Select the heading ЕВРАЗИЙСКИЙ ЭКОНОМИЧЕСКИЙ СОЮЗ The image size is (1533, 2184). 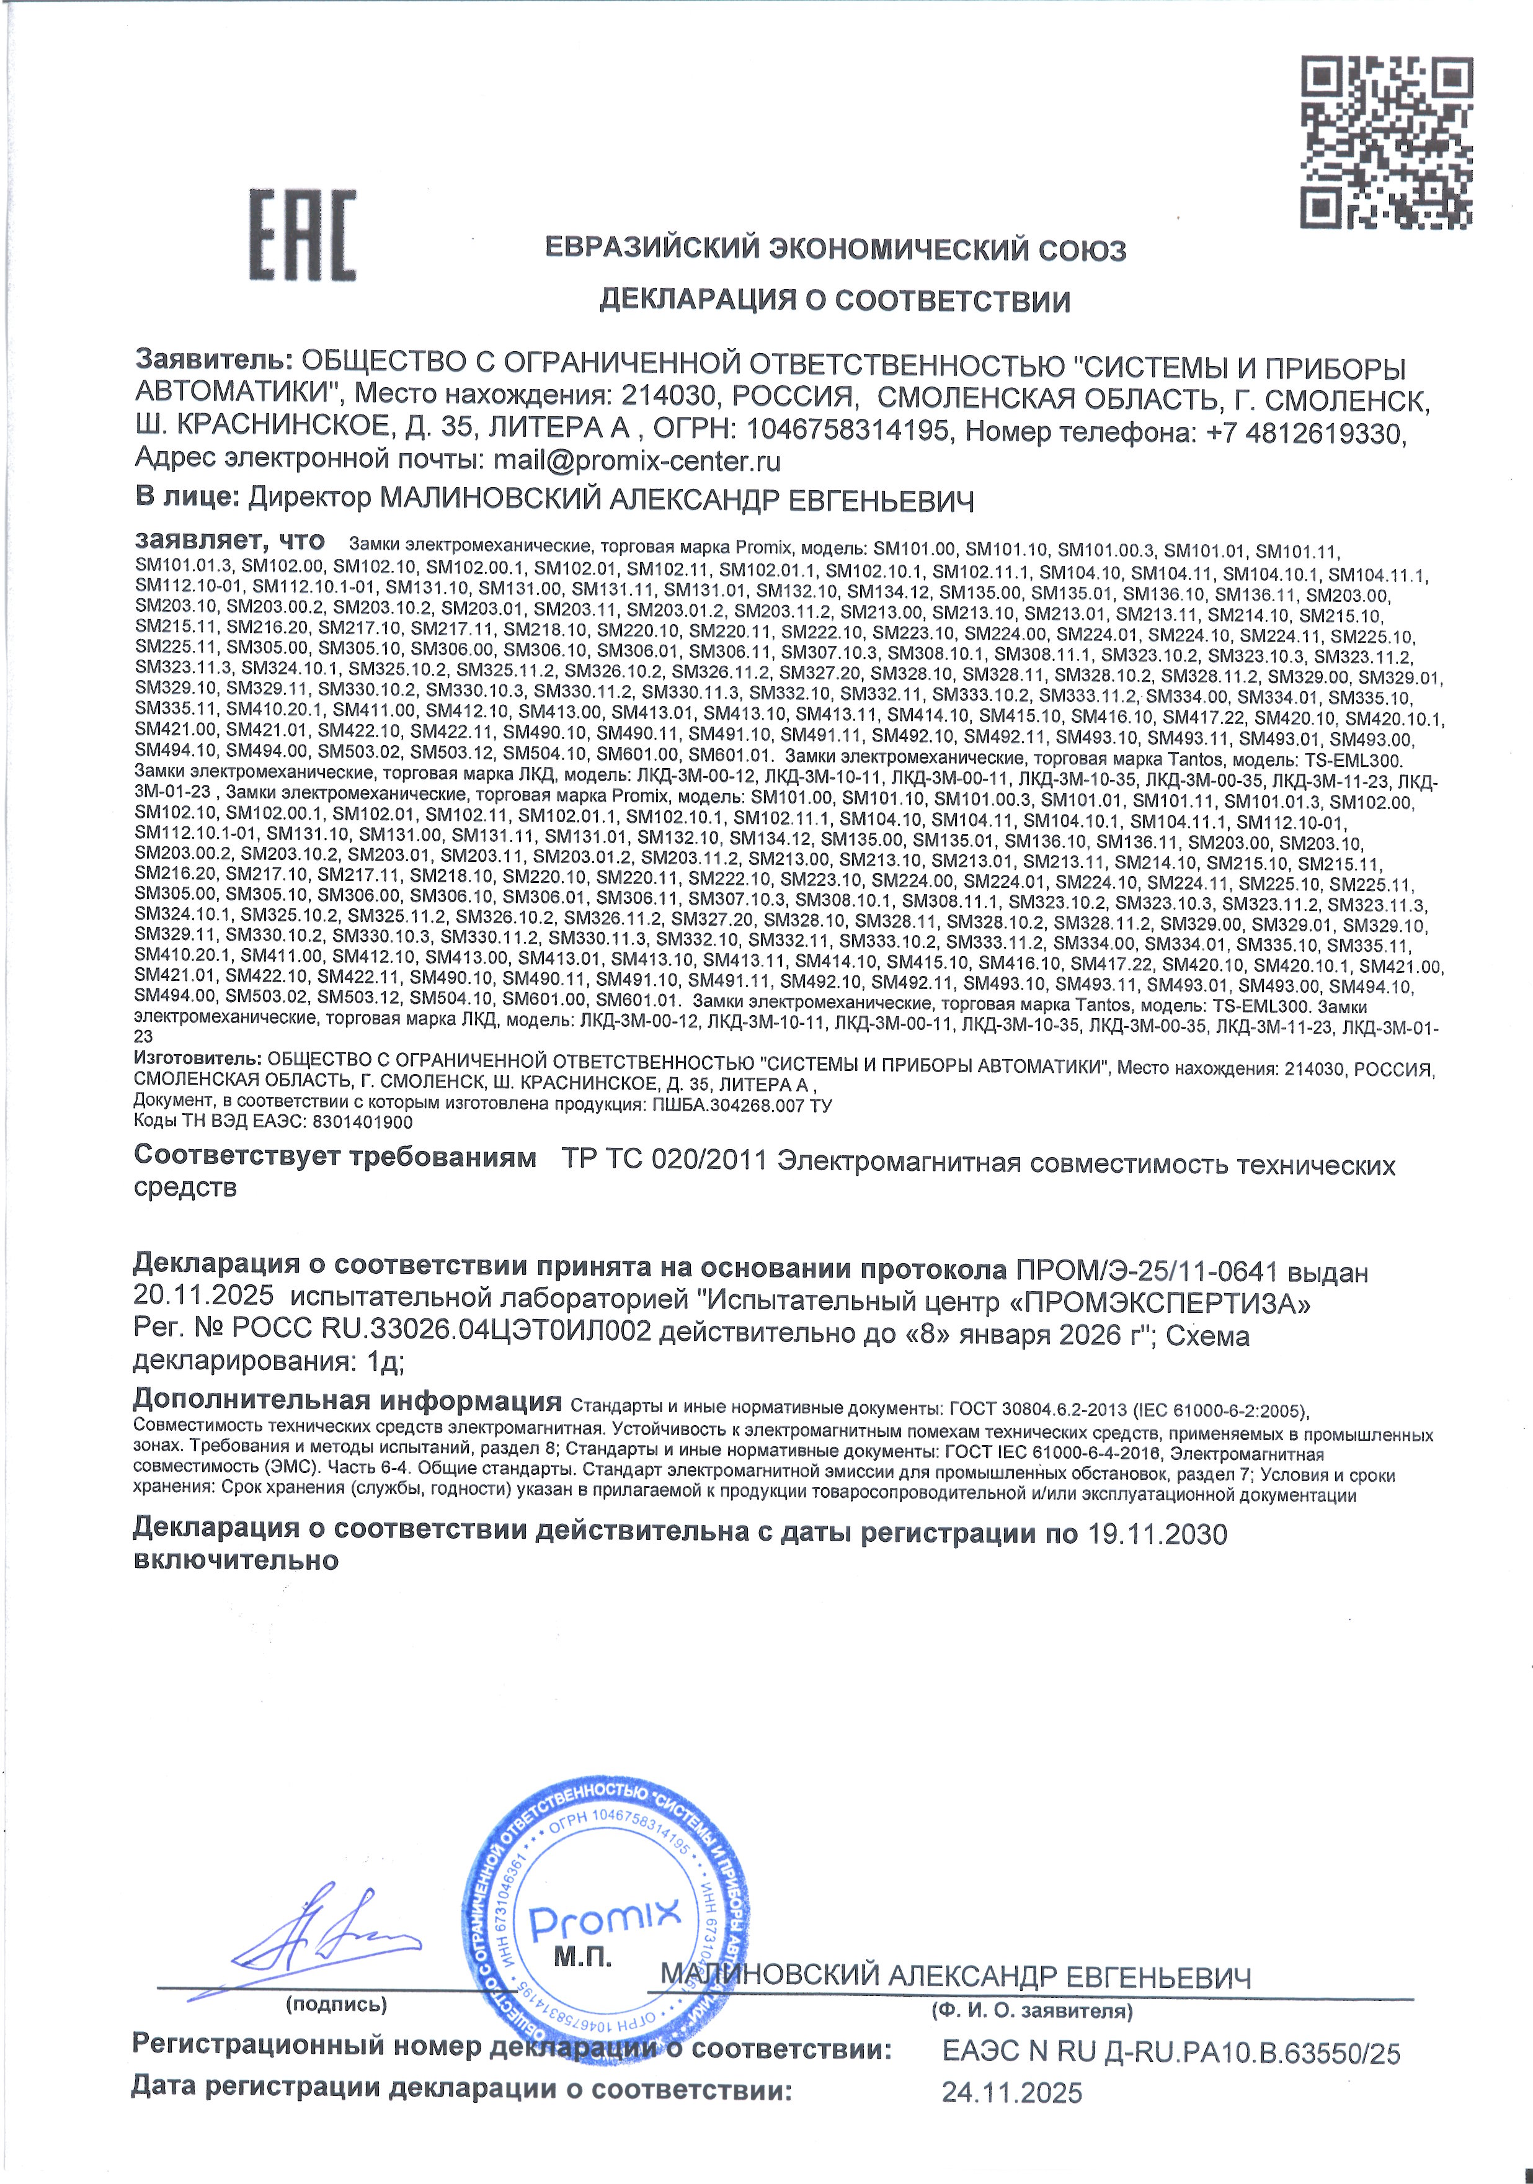tap(835, 250)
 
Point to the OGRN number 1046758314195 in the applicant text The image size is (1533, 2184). tap(847, 431)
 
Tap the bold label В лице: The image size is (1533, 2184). tap(187, 496)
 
